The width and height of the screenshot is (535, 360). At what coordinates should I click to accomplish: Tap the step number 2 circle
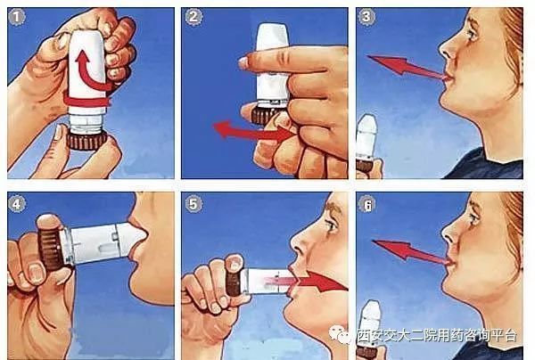(x=195, y=18)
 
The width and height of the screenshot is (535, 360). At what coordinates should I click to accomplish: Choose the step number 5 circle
(x=195, y=203)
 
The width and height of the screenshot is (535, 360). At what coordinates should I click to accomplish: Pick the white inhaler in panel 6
(x=369, y=321)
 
